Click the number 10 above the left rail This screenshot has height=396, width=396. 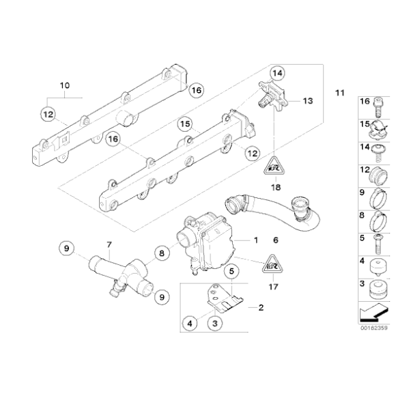tap(66, 85)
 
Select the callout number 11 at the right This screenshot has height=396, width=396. tap(340, 92)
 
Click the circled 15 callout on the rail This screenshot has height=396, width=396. tap(184, 124)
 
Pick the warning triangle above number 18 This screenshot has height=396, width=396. tap(275, 164)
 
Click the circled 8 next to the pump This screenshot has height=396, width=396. tap(161, 253)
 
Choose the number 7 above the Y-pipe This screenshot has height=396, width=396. tap(108, 244)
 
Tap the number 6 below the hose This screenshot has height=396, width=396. tap(276, 240)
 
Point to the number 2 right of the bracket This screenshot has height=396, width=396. tap(261, 308)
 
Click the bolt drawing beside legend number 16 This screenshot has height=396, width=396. tap(378, 104)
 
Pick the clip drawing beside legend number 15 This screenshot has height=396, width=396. tap(377, 127)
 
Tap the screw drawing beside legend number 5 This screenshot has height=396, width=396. tap(377, 240)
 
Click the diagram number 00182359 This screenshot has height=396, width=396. tap(375, 327)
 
